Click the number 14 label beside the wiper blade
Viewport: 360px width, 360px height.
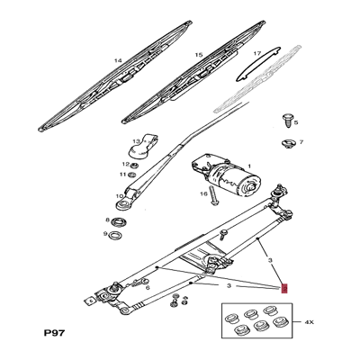(x=119, y=61)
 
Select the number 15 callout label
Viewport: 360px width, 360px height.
(x=199, y=55)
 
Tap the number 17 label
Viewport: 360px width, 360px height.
(x=257, y=54)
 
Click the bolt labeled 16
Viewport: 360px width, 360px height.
(x=212, y=195)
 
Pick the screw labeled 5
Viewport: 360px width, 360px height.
(x=287, y=121)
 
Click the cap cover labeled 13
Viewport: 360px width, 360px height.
(x=142, y=146)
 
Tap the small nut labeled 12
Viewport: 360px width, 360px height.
(x=134, y=165)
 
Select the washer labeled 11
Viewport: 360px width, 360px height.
(x=131, y=175)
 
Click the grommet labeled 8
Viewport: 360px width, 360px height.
(x=119, y=222)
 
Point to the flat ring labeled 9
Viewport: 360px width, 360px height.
(x=115, y=235)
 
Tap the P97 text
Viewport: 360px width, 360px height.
(x=54, y=333)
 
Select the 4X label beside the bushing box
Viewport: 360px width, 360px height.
(x=309, y=322)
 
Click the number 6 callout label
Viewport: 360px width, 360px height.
(x=148, y=288)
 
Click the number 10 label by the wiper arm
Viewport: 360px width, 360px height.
(x=120, y=196)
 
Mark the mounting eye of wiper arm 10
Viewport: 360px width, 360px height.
(x=122, y=205)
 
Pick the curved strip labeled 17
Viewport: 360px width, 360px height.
(x=258, y=64)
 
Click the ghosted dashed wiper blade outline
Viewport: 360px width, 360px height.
(x=256, y=79)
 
